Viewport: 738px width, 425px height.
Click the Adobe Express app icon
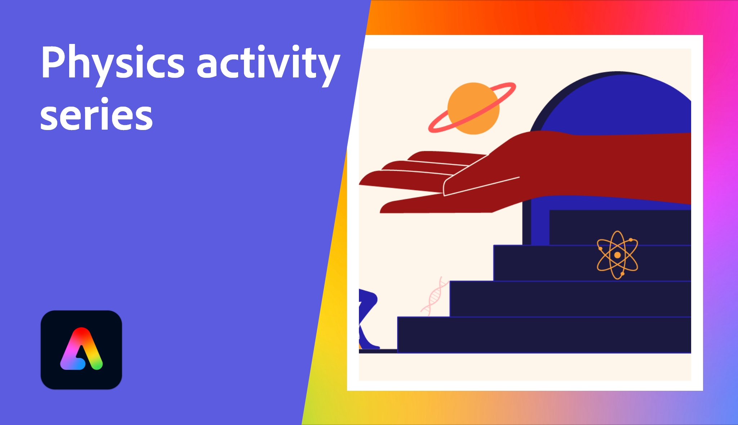click(x=81, y=350)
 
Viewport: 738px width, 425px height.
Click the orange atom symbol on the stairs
click(x=617, y=255)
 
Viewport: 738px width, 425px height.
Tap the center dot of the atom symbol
click(x=617, y=255)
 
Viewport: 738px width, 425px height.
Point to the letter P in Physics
click(x=54, y=62)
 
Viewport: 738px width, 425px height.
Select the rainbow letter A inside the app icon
click(x=81, y=350)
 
